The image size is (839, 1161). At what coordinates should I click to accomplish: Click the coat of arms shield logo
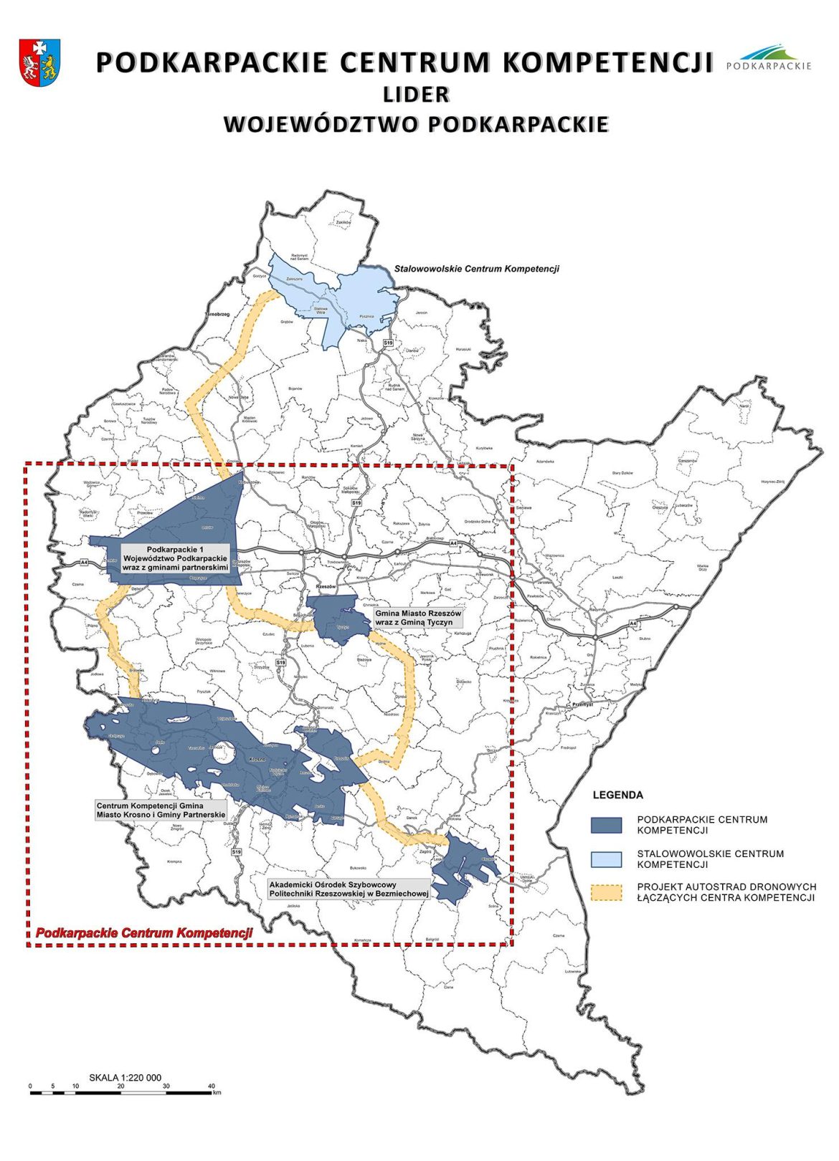click(39, 63)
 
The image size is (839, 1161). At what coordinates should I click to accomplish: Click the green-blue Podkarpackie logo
click(769, 57)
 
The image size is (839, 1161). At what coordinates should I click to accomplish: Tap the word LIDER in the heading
click(416, 94)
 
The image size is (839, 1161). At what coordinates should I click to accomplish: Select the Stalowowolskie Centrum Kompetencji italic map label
click(476, 269)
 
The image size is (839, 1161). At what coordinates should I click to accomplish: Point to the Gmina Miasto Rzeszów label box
click(418, 618)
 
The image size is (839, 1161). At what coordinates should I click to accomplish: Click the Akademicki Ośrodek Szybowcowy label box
click(349, 889)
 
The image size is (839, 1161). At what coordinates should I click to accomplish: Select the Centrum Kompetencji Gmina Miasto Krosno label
click(161, 810)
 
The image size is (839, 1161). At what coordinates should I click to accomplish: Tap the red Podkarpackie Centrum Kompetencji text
click(144, 933)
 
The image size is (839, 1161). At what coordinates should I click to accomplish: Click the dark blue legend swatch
click(605, 825)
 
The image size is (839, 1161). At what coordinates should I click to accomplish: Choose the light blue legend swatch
click(605, 859)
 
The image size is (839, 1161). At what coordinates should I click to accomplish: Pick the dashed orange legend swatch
click(605, 892)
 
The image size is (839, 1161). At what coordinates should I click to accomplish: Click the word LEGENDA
click(617, 795)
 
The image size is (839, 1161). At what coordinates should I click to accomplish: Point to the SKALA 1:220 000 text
click(125, 1077)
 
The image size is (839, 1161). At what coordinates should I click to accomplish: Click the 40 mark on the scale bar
click(212, 1086)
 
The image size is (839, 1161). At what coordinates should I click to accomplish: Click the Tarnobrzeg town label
click(217, 314)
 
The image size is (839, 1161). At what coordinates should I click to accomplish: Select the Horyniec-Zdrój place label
click(773, 482)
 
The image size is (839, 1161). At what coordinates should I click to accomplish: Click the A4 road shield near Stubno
click(633, 624)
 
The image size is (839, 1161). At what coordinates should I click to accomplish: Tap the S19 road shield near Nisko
click(388, 343)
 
